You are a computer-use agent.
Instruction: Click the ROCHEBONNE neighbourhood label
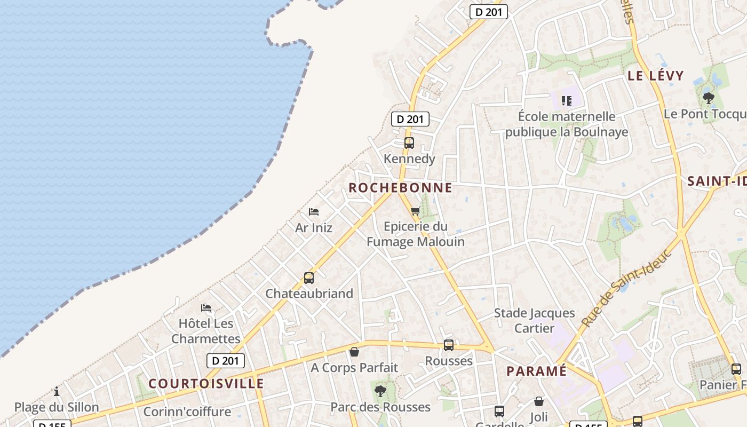tap(400, 188)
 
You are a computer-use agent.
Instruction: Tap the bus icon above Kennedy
tap(409, 143)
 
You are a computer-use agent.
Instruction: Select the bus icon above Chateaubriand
tap(309, 278)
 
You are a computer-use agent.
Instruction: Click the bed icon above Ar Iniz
tap(314, 212)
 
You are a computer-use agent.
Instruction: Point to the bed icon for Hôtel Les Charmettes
tap(206, 308)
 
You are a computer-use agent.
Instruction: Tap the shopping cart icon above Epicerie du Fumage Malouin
tap(416, 211)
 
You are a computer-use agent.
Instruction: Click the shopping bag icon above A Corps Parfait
tap(354, 352)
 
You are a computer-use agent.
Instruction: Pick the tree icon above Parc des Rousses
tap(380, 391)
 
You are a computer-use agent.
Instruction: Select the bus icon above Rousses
tap(449, 345)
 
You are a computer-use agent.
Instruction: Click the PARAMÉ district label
tap(536, 371)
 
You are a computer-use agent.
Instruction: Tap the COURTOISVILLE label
tap(206, 383)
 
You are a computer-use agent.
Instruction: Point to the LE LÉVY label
tap(655, 76)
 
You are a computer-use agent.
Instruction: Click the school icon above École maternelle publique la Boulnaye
tap(567, 100)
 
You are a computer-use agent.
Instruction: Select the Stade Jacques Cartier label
tap(535, 320)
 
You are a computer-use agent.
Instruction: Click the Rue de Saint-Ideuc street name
tap(626, 288)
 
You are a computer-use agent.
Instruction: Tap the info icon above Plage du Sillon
tap(57, 392)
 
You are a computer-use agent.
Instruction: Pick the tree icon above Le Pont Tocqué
tap(709, 98)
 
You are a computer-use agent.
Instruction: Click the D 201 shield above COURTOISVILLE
tap(226, 361)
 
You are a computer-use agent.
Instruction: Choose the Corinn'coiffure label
tap(187, 412)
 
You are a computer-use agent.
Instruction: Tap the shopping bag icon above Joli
tap(539, 401)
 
